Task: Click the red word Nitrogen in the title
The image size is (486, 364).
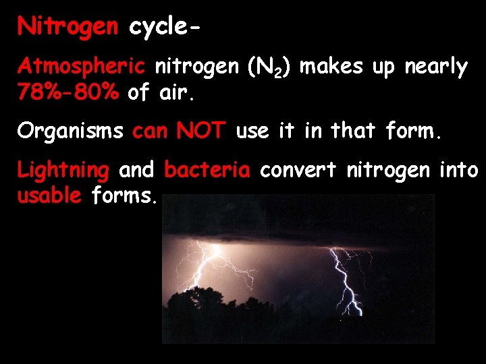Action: tap(68, 27)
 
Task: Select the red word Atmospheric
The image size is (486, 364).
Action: tap(81, 67)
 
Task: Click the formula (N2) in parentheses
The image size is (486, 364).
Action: tap(269, 67)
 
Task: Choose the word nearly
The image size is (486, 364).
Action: tap(435, 67)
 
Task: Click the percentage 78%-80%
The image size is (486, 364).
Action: tap(68, 92)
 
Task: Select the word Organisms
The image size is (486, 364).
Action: tap(70, 131)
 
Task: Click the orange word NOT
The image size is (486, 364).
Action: tap(200, 131)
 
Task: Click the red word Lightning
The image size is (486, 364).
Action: tap(63, 171)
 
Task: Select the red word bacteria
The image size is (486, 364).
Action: tap(207, 170)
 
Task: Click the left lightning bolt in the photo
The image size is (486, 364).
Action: tap(216, 270)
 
